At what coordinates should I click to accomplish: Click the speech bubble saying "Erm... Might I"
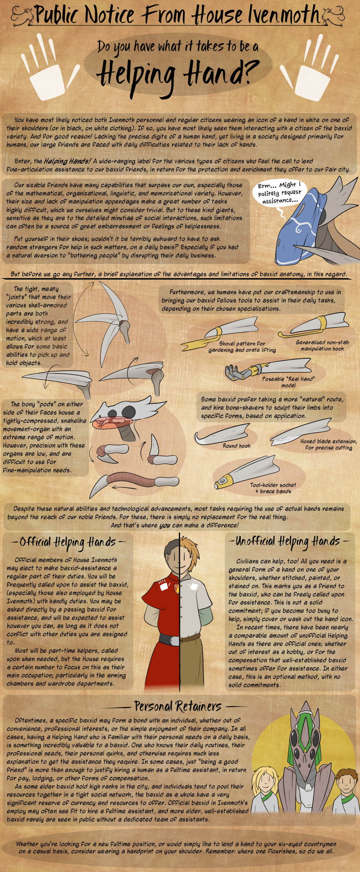pos(280,192)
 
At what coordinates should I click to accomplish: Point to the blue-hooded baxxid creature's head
pos(316,224)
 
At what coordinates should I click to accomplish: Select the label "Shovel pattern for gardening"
pos(242,347)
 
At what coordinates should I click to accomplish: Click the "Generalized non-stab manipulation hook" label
pos(322,345)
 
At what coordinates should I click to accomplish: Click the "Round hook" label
pos(237,445)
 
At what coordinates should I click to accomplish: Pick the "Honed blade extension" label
pos(328,444)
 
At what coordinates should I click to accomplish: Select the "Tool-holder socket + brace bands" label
pos(273,488)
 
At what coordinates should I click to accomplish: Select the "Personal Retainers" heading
pos(178,706)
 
